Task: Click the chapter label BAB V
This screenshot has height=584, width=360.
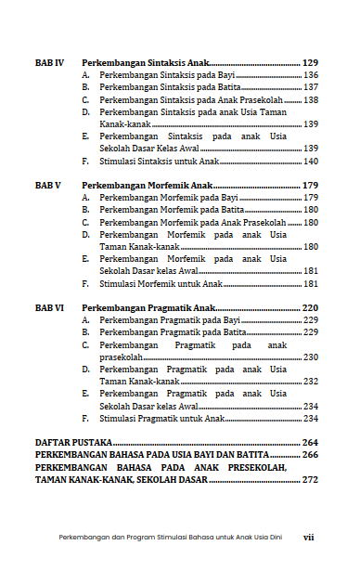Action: [47, 185]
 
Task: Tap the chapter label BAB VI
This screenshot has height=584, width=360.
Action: [48, 307]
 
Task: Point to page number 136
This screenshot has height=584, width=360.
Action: [311, 74]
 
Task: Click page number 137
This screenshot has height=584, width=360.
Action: [311, 87]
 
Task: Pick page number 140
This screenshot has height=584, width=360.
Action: [311, 161]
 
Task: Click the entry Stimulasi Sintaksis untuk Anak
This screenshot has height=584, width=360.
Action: [159, 161]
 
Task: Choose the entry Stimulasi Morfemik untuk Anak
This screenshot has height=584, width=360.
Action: [160, 283]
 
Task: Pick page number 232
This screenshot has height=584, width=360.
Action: [311, 381]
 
